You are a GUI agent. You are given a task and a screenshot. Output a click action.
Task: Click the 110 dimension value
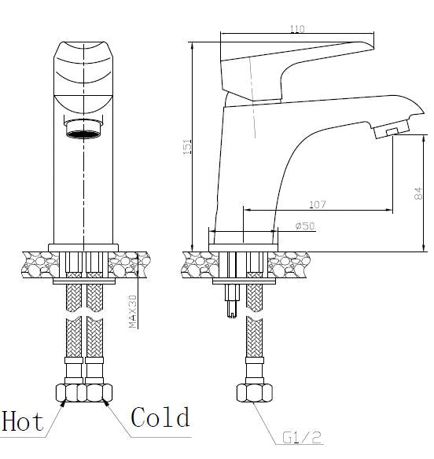coord(297,28)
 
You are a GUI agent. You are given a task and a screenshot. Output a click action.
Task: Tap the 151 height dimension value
coord(187,147)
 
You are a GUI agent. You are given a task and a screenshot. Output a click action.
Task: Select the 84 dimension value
coord(418,193)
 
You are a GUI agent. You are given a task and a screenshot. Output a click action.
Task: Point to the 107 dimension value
coord(318,204)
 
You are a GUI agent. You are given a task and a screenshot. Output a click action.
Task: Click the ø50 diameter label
coord(305,226)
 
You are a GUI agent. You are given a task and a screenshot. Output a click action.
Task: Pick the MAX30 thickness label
coord(133,311)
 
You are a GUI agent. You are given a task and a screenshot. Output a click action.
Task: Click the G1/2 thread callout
coord(302,438)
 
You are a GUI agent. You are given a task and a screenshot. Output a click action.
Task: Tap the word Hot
coord(23,421)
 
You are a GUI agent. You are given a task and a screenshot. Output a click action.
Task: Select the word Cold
coord(160,417)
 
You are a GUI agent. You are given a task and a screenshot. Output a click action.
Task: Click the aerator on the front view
coord(83,128)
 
